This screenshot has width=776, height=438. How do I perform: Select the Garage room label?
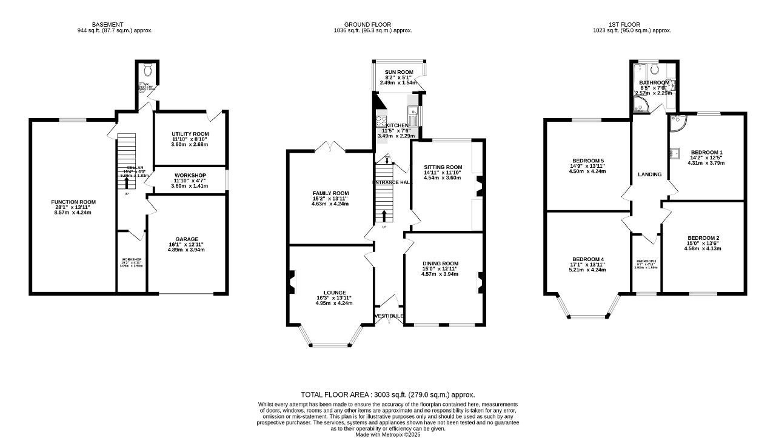(187, 239)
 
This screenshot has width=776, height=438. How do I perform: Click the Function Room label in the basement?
(73, 202)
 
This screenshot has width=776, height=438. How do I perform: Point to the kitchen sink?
(412, 111)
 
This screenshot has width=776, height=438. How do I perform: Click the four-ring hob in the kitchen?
(383, 120)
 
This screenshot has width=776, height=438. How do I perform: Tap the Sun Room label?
(399, 72)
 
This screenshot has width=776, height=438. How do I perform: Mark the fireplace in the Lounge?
(292, 282)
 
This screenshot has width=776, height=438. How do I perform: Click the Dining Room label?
(440, 264)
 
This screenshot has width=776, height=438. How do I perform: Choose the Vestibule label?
(389, 316)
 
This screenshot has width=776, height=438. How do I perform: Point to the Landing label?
(649, 174)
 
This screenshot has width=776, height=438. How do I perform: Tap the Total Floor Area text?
(388, 394)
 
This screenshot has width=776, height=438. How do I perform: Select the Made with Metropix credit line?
(388, 434)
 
